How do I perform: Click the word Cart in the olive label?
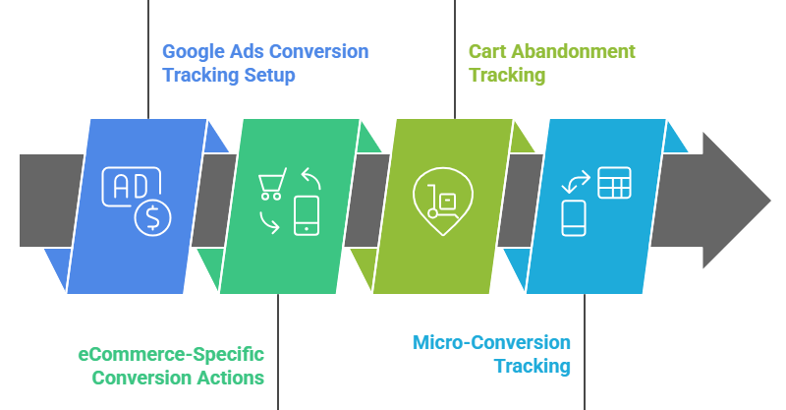[x=489, y=51]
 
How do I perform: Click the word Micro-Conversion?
[x=491, y=343]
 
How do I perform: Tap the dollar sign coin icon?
[x=153, y=218]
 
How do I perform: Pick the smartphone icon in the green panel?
[x=308, y=215]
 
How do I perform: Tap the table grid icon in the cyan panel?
[x=614, y=183]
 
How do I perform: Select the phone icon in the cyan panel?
[x=573, y=217]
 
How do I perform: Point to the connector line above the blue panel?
[x=148, y=59]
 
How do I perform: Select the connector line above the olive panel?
[x=455, y=59]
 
